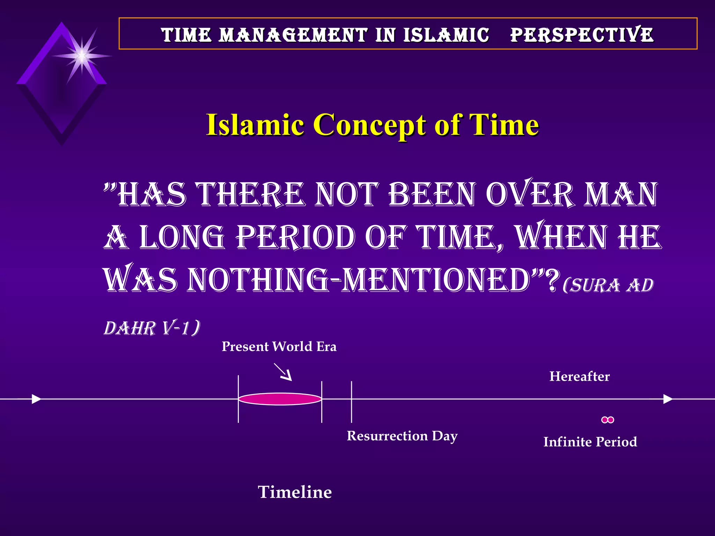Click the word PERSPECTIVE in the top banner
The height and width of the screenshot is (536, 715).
[582, 35]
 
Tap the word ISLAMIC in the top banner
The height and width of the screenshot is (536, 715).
[446, 35]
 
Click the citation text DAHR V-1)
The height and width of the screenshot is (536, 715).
[152, 328]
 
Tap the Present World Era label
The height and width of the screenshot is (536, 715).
[279, 347]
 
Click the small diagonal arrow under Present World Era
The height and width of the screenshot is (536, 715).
[283, 372]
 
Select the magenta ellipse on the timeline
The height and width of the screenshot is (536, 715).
[280, 399]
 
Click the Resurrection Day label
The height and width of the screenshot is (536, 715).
[402, 436]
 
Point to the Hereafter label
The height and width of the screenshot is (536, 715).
[579, 376]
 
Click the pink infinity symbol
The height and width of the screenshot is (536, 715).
[607, 420]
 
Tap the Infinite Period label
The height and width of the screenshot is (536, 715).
[590, 442]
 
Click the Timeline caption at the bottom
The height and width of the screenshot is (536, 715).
[295, 492]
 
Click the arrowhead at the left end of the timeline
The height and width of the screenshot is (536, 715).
[36, 399]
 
